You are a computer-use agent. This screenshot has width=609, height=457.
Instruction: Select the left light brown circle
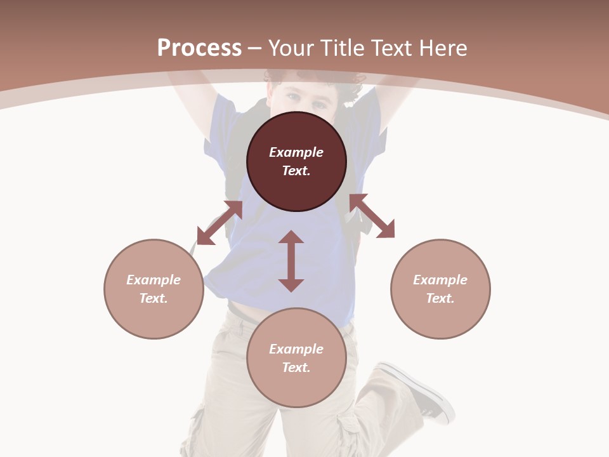(154, 289)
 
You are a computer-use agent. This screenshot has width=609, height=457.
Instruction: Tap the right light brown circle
(440, 289)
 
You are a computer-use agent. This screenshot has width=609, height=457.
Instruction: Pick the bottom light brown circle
(296, 357)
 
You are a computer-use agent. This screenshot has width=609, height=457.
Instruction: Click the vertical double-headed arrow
(291, 261)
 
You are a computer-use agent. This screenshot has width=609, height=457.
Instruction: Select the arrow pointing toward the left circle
(219, 223)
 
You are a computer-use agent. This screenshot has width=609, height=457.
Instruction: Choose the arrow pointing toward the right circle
(372, 216)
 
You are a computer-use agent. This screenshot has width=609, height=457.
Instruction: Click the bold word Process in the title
(199, 48)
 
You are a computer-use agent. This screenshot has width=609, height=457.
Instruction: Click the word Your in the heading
(292, 48)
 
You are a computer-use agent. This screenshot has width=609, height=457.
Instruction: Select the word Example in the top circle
(296, 152)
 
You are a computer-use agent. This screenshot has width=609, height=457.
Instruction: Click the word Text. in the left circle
(154, 298)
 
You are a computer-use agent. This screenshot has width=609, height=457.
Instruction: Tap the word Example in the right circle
(440, 280)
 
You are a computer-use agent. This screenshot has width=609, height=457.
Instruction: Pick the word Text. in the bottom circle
(296, 368)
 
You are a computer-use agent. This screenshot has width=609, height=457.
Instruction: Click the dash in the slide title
(255, 48)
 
